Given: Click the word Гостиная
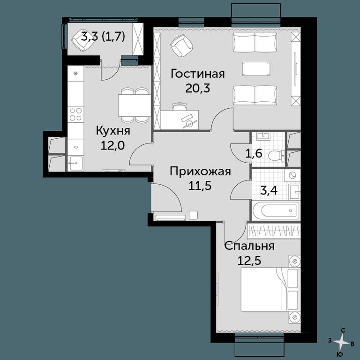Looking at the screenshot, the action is click(x=198, y=74).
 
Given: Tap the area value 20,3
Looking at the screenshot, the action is click(x=198, y=88).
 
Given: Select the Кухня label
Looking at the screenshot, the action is click(x=113, y=131).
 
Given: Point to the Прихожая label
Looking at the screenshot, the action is click(x=200, y=172).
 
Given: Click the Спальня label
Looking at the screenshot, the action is click(x=249, y=246).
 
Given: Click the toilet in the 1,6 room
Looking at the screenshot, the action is click(x=276, y=156).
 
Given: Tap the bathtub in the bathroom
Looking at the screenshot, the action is click(x=276, y=210).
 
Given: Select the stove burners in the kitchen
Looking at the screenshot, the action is click(x=76, y=114).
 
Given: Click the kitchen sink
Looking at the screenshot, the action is click(x=76, y=163).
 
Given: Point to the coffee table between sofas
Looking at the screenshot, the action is click(x=256, y=68).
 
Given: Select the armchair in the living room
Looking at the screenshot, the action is click(x=181, y=46).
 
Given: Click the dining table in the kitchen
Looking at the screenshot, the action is click(x=135, y=105).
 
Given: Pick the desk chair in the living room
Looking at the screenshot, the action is click(x=179, y=107).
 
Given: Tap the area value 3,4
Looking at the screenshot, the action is click(x=269, y=190).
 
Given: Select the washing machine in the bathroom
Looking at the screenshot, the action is click(x=292, y=176).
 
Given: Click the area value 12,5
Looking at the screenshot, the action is click(x=249, y=260).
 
